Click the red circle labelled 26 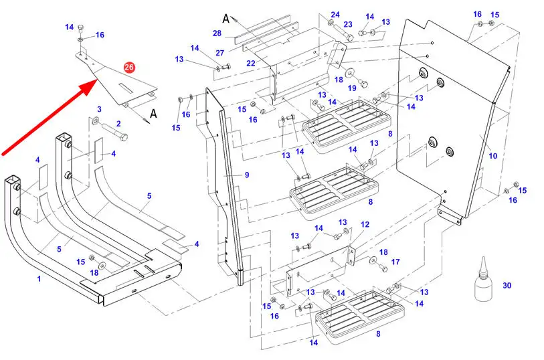tap(129, 67)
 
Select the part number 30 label tap(507, 286)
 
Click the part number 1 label tap(39, 278)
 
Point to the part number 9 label tap(246, 175)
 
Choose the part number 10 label tap(492, 156)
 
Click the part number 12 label tap(365, 225)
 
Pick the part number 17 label tap(395, 262)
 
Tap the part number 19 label tap(352, 87)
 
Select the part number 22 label tap(251, 64)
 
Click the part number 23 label tap(348, 25)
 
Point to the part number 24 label tap(335, 14)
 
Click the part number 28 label tap(217, 33)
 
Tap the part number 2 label tap(118, 123)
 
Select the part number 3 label tap(99, 108)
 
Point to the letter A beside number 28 tap(226, 18)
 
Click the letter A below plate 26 tap(153, 114)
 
